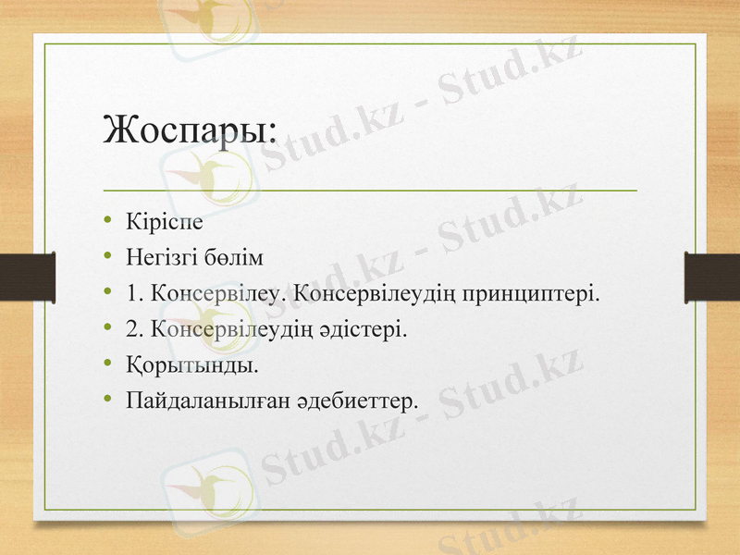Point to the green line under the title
click(370, 190)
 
